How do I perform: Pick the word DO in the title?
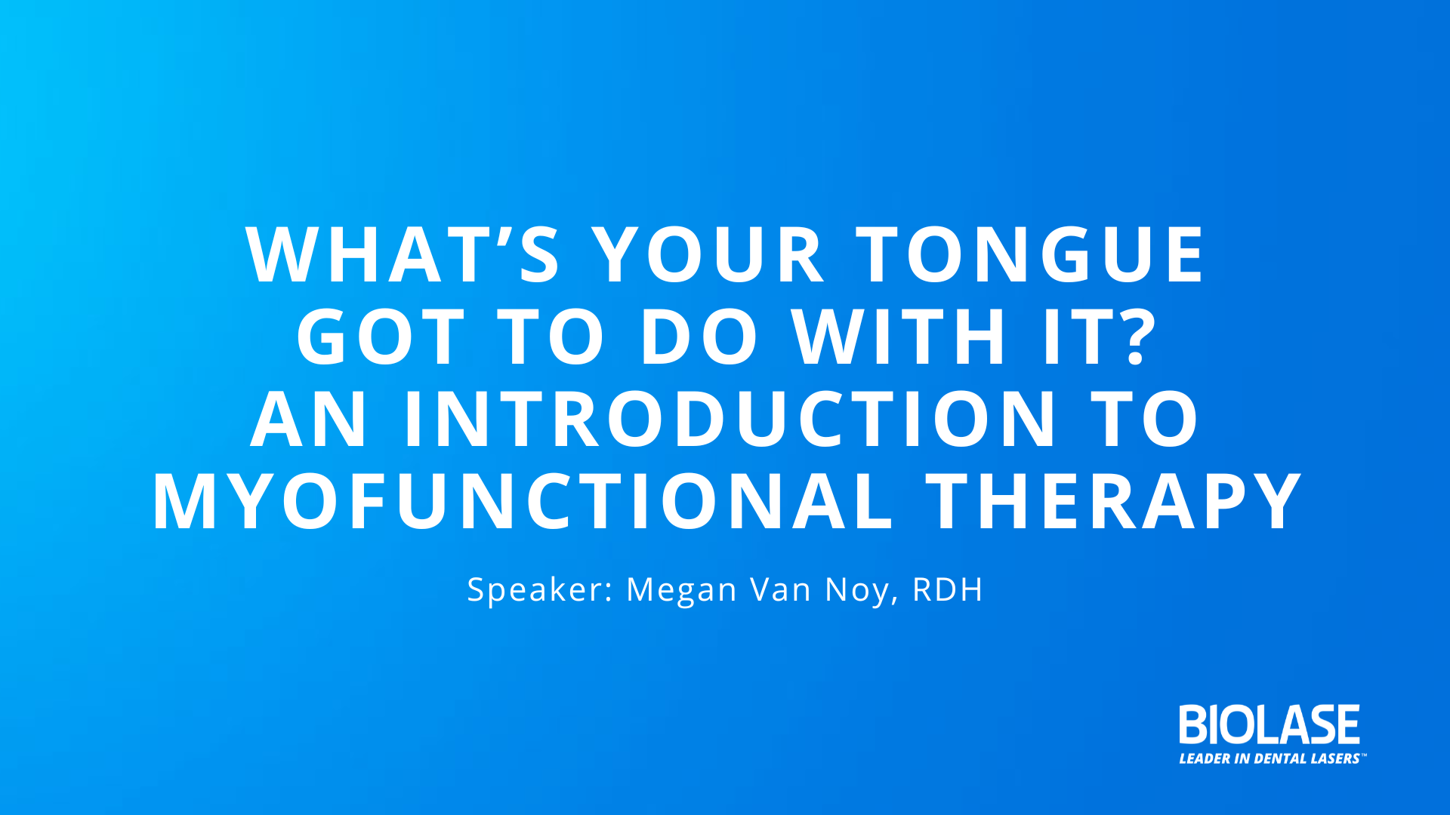(x=699, y=337)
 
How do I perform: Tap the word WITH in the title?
(x=899, y=337)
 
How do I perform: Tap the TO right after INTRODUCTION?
(x=1145, y=420)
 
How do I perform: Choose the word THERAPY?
(x=1114, y=502)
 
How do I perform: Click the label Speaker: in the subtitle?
(x=540, y=589)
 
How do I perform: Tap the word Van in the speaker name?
(x=779, y=589)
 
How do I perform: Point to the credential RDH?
(x=948, y=589)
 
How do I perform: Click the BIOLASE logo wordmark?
(x=1270, y=724)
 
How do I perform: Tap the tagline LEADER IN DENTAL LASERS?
(x=1271, y=758)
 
